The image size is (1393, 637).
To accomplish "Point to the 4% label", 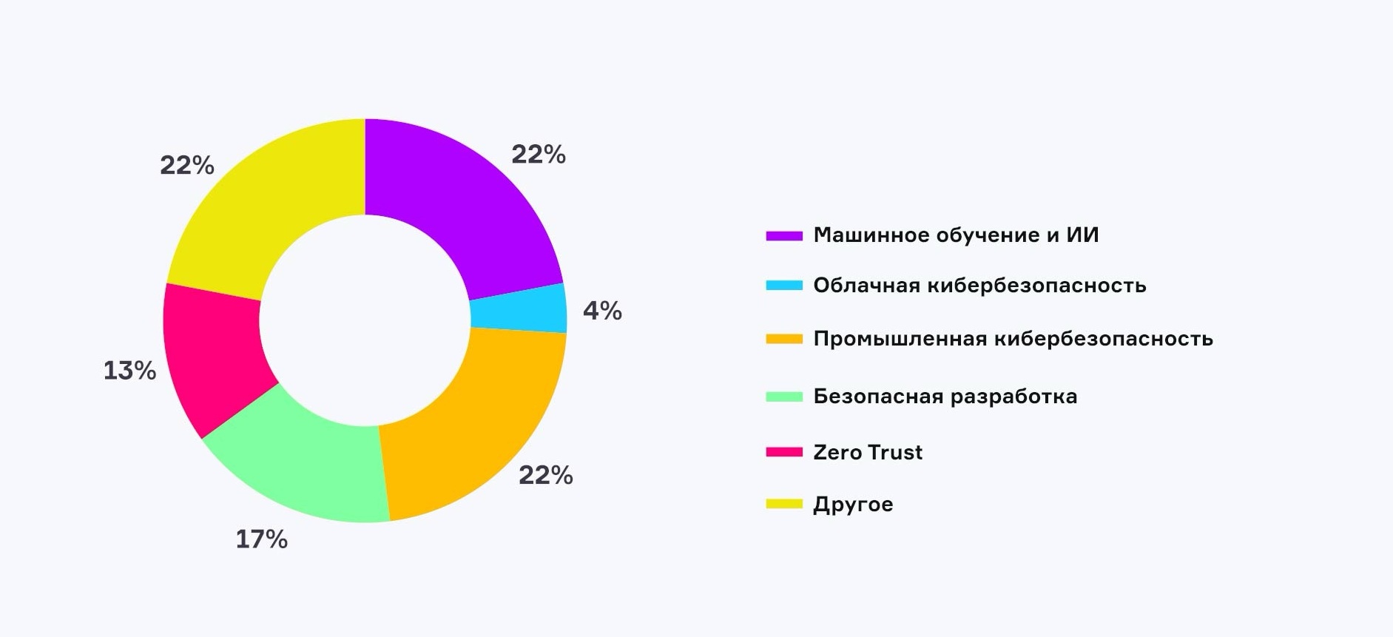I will click(602, 311).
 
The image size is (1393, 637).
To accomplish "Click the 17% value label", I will click(261, 539).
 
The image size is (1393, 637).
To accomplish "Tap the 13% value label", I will click(129, 371).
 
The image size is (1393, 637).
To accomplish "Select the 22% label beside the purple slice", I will click(538, 155).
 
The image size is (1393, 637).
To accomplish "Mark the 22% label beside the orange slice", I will click(545, 475).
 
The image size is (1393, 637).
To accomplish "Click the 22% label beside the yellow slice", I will click(186, 166).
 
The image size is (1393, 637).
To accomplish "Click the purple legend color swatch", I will click(784, 236).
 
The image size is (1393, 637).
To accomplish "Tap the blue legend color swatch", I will click(784, 286).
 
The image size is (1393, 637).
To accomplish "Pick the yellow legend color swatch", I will click(784, 505).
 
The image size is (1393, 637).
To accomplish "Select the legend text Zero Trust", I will click(868, 452).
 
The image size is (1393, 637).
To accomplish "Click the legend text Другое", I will click(853, 505).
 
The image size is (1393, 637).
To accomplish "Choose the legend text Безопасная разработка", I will click(945, 397).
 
